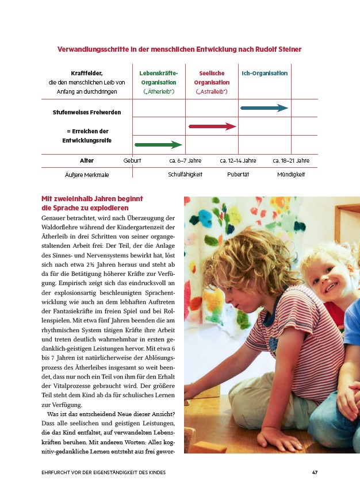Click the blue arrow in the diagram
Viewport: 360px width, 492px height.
click(264, 108)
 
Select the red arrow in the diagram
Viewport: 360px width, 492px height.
click(212, 126)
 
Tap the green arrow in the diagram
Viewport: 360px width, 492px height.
click(158, 145)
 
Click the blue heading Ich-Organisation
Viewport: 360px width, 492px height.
click(265, 74)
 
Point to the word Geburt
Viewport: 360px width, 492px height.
click(132, 161)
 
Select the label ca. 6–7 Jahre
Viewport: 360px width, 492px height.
click(185, 161)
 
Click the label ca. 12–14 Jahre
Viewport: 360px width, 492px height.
click(238, 161)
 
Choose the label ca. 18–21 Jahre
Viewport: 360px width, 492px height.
click(291, 161)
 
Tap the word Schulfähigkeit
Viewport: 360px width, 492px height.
click(185, 174)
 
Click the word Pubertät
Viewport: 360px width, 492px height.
click(238, 174)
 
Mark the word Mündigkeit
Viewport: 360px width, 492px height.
click(291, 174)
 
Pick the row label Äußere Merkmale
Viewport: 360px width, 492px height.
click(87, 174)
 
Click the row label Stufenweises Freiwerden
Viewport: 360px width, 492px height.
click(87, 112)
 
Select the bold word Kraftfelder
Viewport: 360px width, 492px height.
click(87, 74)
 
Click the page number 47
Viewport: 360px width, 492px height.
click(315, 472)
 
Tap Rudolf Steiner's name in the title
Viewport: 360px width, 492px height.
click(279, 49)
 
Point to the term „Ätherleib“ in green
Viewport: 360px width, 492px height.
click(159, 92)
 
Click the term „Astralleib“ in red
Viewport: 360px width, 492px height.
click(212, 92)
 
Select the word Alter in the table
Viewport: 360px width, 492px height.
click(87, 161)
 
